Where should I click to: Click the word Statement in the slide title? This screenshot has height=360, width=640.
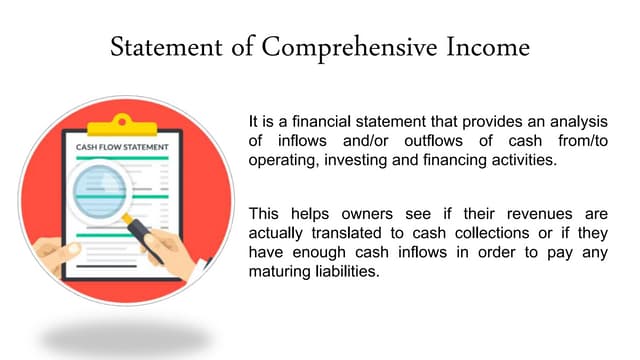click(x=161, y=47)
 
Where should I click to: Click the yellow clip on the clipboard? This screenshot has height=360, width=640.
click(x=122, y=123)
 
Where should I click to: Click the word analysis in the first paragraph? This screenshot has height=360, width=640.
click(x=571, y=122)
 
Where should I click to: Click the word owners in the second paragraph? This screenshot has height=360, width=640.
click(x=366, y=214)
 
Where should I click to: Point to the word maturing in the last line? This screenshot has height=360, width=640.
click(x=283, y=271)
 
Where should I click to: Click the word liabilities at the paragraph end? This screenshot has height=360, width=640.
click(x=350, y=271)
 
